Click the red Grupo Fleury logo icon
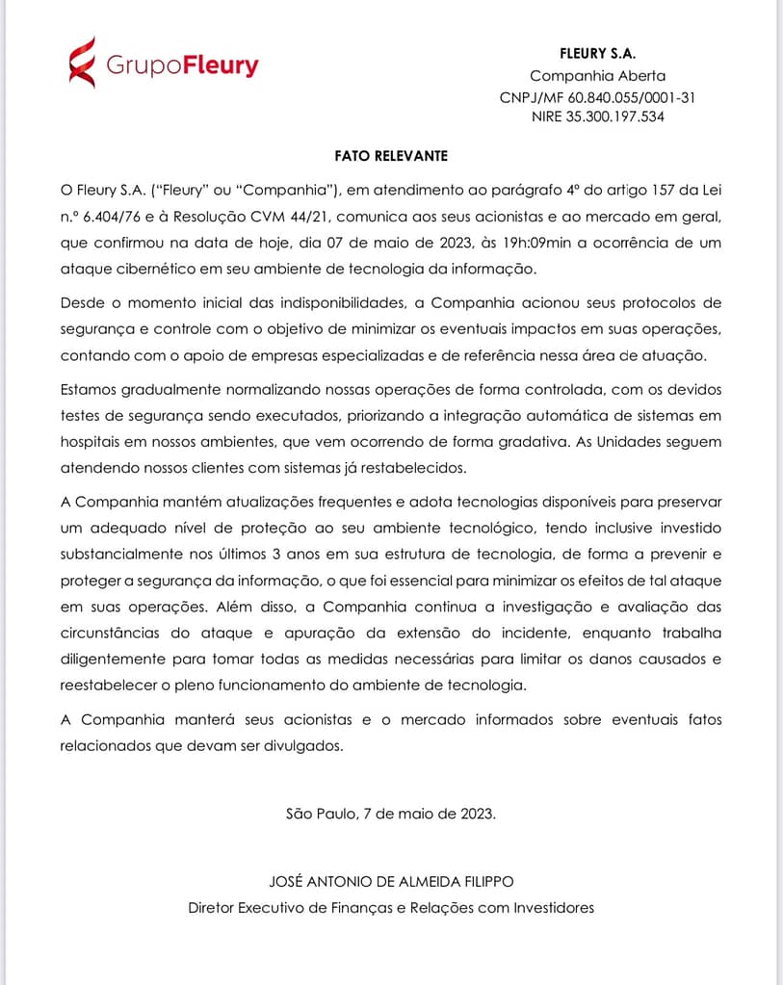coord(82,63)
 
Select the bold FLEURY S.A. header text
coord(597,54)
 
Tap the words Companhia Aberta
coord(597,75)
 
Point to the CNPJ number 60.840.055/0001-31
coord(632,97)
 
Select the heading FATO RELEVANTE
coord(391,155)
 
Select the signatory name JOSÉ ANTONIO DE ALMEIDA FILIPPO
coord(391,882)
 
